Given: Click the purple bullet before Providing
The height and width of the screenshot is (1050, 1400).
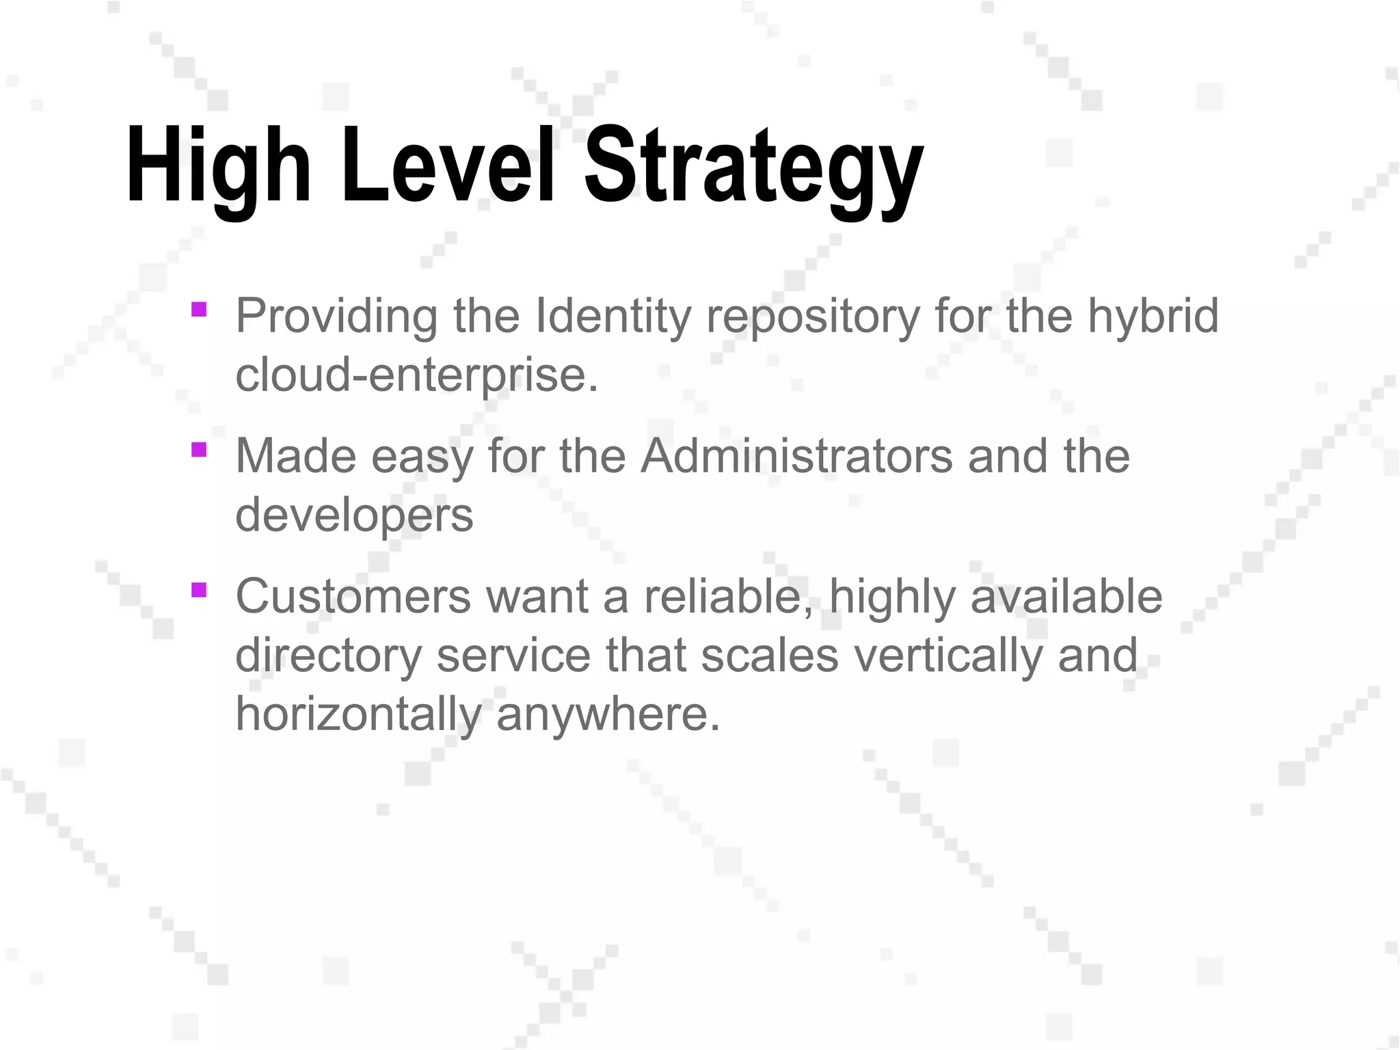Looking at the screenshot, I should point(199,310).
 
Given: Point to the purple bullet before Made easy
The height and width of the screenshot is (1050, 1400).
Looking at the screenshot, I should point(199,450).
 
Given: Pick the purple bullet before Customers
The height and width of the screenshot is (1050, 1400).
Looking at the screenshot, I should point(199,590).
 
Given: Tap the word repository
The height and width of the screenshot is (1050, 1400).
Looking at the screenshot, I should point(813,317).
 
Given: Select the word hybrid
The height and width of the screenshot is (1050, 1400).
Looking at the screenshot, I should point(1153,317).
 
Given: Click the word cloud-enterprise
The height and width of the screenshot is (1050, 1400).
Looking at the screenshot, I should point(416,376).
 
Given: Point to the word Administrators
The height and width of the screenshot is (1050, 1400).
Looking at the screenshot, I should point(796,456).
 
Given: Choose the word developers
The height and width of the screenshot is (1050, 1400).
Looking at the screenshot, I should point(354,515).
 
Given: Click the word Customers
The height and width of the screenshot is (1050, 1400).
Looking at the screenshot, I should point(353,596).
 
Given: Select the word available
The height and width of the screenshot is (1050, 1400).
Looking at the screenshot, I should point(1066,596).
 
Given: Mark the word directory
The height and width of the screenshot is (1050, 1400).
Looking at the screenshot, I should point(328,656).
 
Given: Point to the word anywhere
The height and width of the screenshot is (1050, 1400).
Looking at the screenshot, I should point(608,714).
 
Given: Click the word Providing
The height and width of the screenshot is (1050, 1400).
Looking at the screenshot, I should point(336,317).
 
